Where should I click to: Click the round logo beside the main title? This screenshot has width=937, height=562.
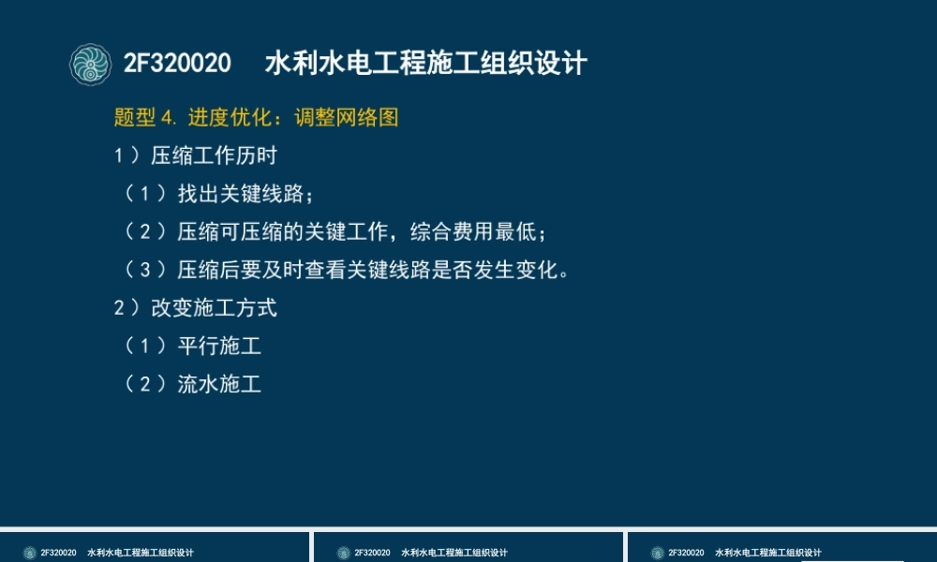(91, 64)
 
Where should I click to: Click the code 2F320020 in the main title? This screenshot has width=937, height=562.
(177, 64)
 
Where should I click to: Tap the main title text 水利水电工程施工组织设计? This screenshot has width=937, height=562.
(426, 64)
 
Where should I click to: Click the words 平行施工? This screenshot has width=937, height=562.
(219, 347)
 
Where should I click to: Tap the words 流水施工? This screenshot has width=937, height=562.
(219, 384)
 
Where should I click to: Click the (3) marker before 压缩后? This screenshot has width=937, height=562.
(145, 271)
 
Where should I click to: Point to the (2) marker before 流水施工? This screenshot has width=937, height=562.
(145, 384)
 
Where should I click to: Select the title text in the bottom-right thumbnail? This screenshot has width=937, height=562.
(767, 553)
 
